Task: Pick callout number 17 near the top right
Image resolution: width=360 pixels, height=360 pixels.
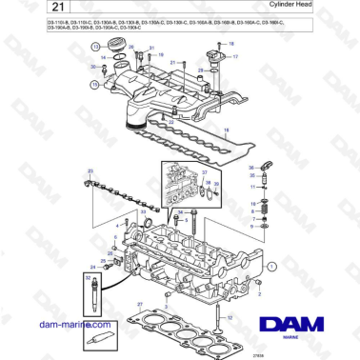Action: click(236, 57)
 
